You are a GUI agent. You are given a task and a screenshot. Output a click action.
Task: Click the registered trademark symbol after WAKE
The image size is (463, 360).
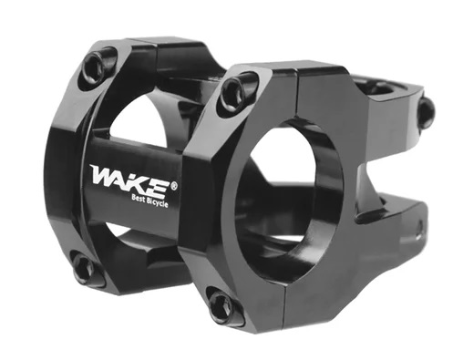tap(174, 186)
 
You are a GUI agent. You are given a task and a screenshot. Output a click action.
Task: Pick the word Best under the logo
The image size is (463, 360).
tap(139, 199)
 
